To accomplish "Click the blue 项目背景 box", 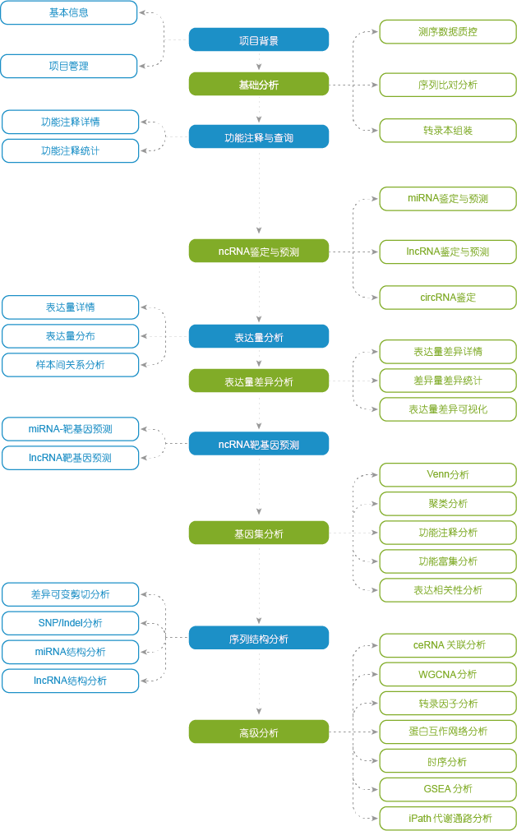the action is click(x=259, y=39).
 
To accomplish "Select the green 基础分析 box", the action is click(x=259, y=85).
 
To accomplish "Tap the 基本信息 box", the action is click(x=69, y=12).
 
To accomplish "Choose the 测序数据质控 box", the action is click(x=448, y=32).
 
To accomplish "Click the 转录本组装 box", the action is click(x=448, y=131).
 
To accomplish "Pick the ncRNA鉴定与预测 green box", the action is click(x=259, y=251).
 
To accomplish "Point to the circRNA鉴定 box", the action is click(x=448, y=298).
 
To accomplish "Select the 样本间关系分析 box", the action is click(x=71, y=365).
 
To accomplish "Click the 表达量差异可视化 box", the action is click(x=448, y=409).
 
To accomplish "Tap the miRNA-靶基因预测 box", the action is click(x=71, y=429).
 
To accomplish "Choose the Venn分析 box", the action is click(x=448, y=475).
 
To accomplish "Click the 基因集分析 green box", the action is click(x=259, y=533).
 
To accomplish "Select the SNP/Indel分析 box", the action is click(x=71, y=623).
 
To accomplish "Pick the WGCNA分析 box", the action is click(x=448, y=675).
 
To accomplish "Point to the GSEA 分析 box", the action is click(x=448, y=789).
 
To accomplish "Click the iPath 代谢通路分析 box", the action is click(x=448, y=818).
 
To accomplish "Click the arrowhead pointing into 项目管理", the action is click(x=142, y=66).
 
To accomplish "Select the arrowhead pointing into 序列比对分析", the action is click(x=376, y=85).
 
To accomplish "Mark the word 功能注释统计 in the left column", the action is click(x=71, y=151).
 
